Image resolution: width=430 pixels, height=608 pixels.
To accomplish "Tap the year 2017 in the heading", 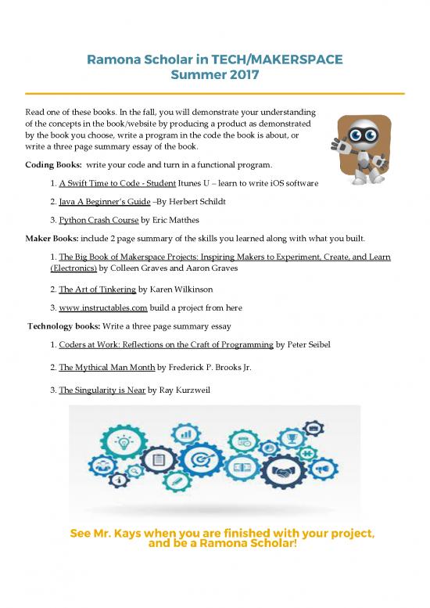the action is [x=235, y=76].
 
